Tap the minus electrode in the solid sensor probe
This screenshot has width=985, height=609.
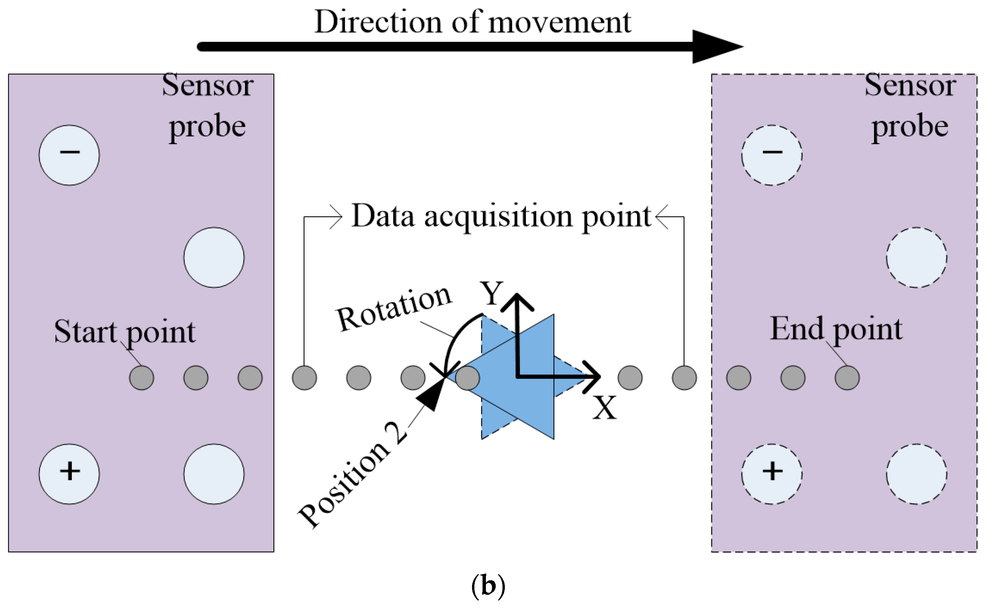pyautogui.click(x=69, y=155)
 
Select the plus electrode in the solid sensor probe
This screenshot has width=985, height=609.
pyautogui.click(x=69, y=474)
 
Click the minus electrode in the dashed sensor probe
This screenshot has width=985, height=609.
pyautogui.click(x=772, y=155)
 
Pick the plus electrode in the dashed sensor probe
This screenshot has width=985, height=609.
pyautogui.click(x=772, y=474)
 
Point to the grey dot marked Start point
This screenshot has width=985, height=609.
pyautogui.click(x=141, y=378)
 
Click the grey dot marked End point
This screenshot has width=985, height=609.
pyautogui.click(x=847, y=378)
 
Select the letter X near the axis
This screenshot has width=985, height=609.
pyautogui.click(x=604, y=408)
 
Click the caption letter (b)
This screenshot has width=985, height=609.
pyautogui.click(x=488, y=586)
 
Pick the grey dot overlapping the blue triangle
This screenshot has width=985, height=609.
pyautogui.click(x=467, y=378)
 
